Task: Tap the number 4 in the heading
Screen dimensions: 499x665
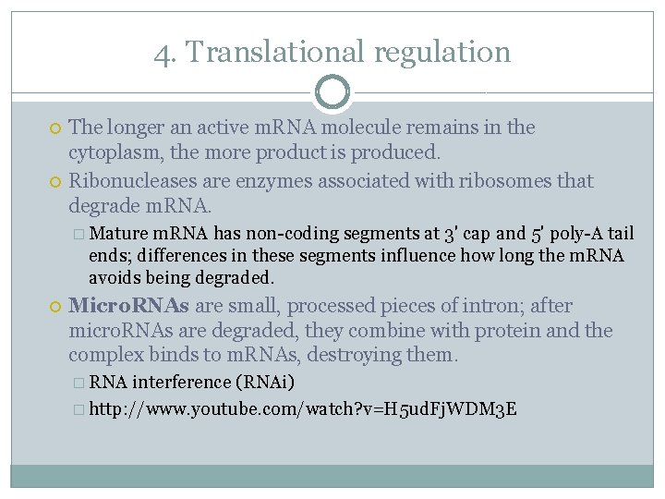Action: [x=163, y=53]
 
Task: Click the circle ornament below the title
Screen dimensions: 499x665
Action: [x=332, y=91]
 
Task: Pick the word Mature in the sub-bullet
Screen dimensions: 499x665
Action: [x=121, y=234]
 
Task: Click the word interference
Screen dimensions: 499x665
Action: [x=181, y=383]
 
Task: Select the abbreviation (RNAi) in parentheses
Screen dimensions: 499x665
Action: [x=265, y=383]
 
